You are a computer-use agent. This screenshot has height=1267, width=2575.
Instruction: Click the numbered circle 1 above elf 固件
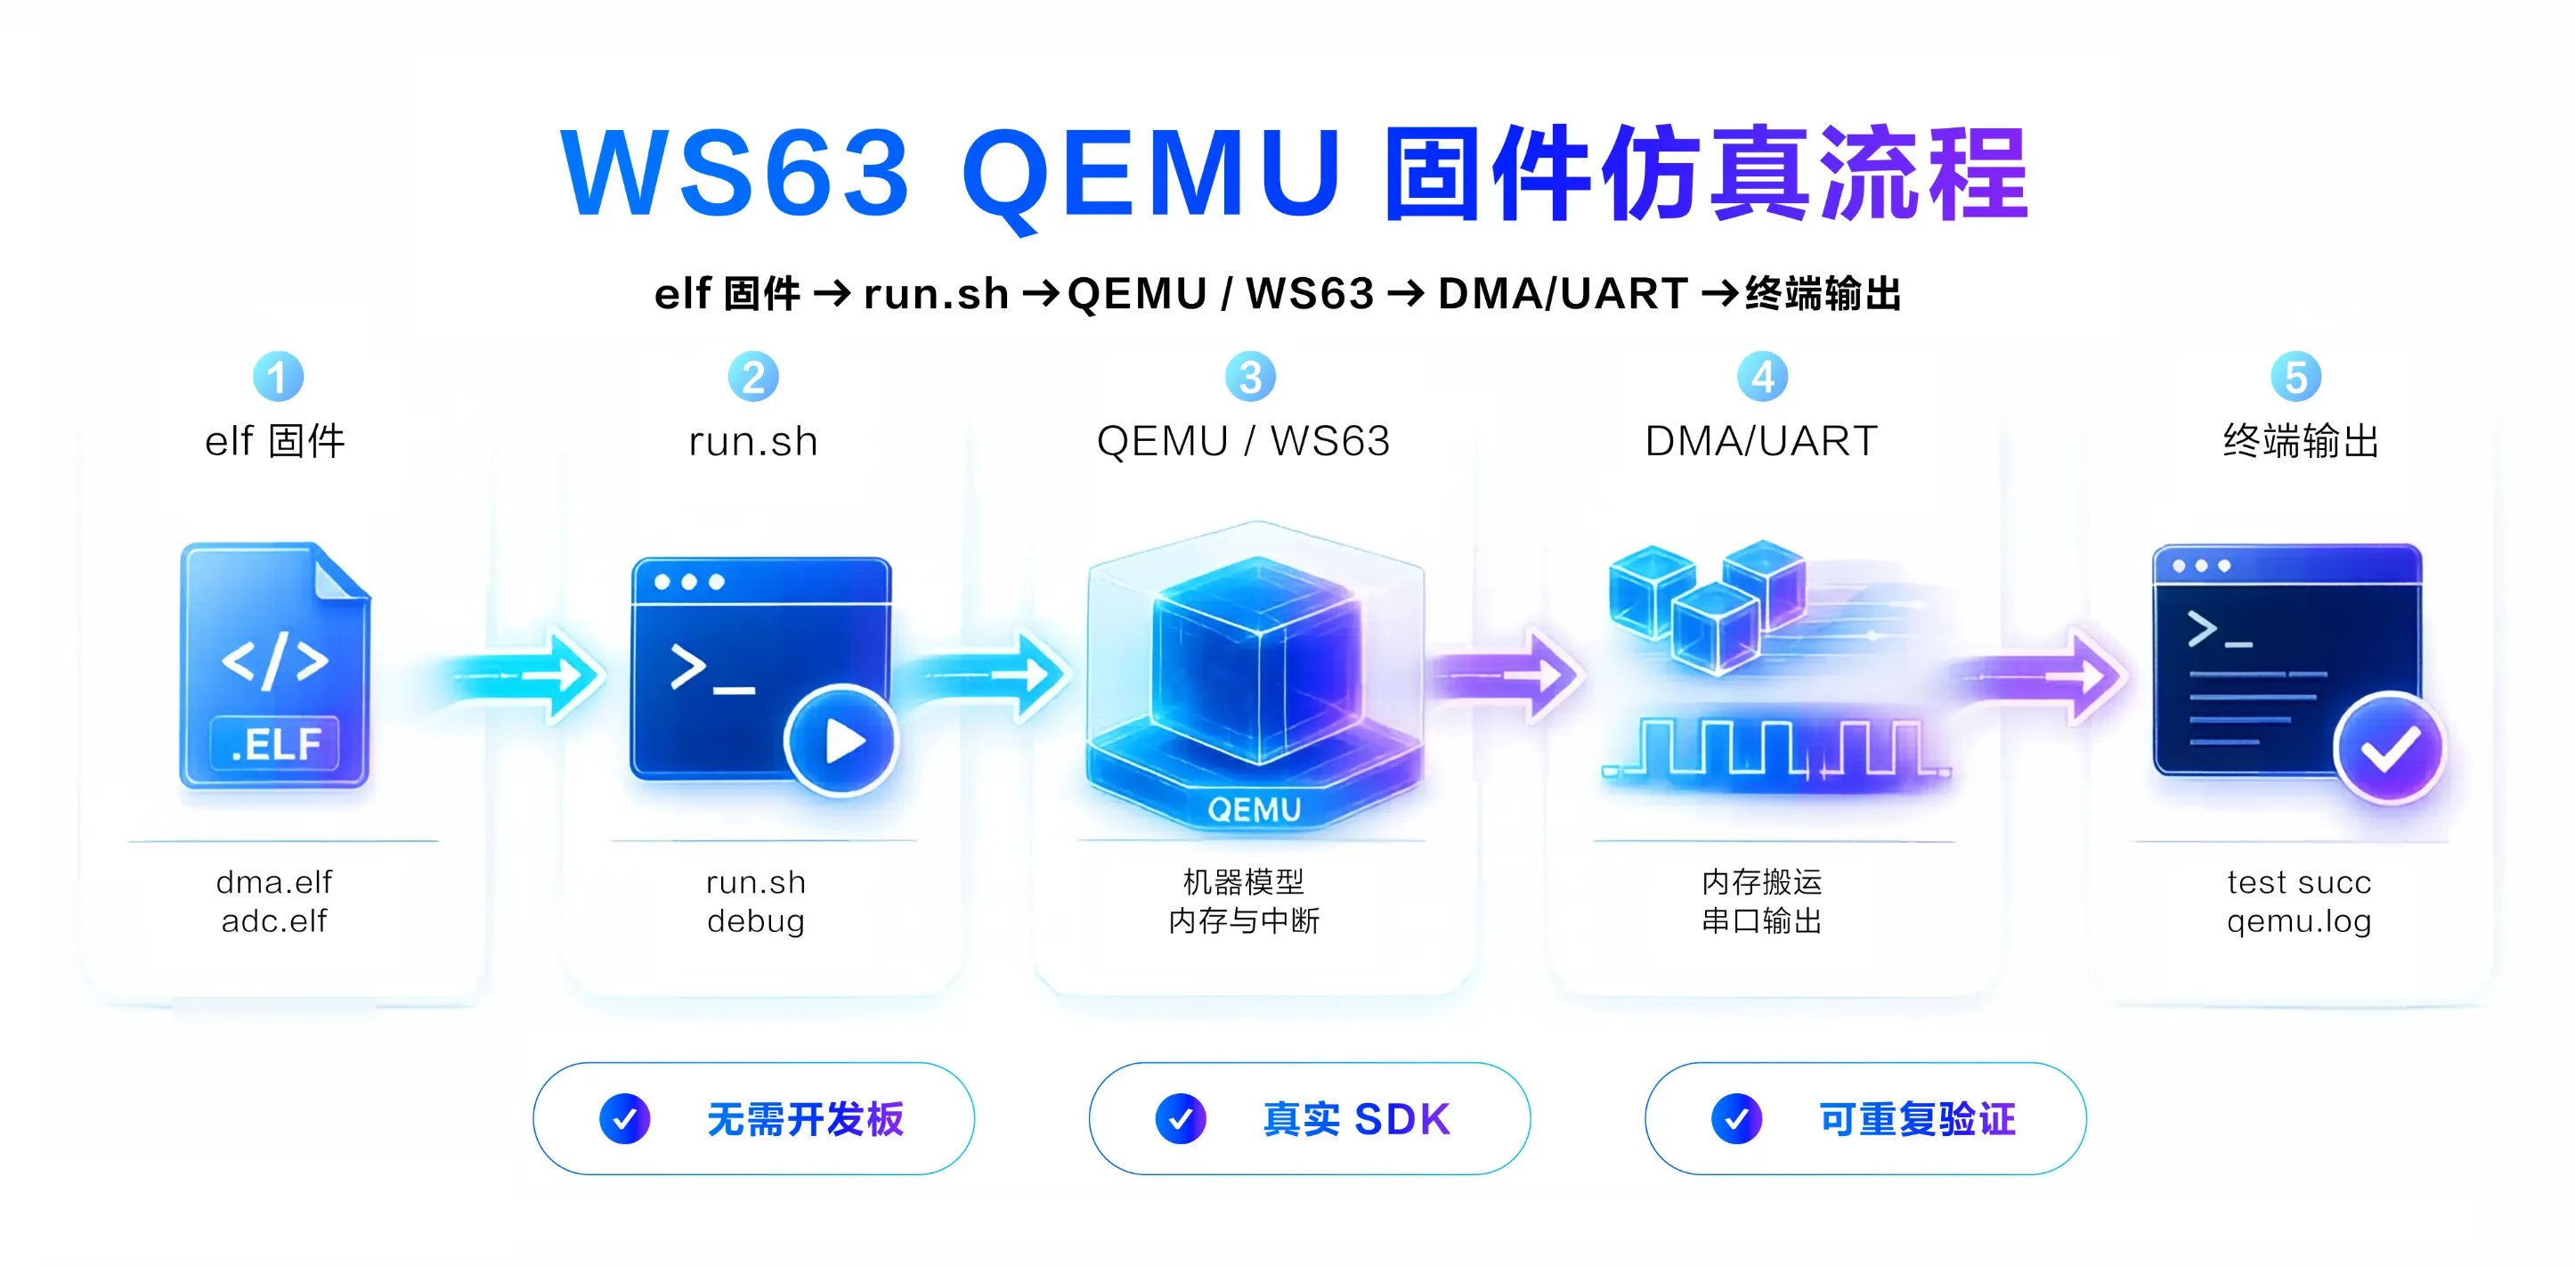pos(278,377)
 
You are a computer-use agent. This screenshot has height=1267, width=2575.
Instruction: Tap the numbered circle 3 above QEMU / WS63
pos(1249,377)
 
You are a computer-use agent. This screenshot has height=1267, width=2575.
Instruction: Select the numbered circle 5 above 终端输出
pos(2296,377)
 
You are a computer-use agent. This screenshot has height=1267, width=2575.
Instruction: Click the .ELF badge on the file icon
pos(275,744)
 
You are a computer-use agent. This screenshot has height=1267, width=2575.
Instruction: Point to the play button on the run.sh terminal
pos(841,741)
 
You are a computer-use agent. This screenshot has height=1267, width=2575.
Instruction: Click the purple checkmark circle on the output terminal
pos(2389,748)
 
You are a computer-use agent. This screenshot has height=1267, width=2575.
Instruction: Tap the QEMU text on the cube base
pos(1255,809)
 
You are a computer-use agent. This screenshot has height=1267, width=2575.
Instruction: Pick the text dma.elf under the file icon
pos(274,882)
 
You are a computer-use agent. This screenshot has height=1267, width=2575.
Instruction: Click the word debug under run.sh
pos(756,921)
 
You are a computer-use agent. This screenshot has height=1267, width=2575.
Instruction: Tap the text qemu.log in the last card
pos(2299,921)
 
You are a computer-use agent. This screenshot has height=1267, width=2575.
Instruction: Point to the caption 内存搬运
pos(1761,882)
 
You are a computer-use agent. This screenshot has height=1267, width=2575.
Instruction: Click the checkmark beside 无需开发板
pos(625,1118)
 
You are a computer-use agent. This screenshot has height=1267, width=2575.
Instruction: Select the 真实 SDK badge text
pos(1356,1119)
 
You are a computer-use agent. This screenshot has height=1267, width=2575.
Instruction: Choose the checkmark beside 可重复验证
pos(1736,1118)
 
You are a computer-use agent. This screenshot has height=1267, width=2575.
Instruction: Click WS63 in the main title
pos(735,172)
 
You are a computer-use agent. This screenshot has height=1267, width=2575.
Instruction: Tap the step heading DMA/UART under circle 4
pos(1761,441)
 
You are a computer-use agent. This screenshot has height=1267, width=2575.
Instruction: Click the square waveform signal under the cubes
pos(1775,748)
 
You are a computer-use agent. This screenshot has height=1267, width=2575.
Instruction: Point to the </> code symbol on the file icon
pos(275,660)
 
